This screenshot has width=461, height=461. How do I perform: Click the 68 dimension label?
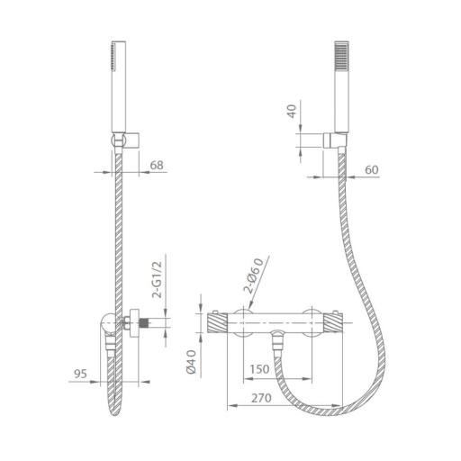[x=157, y=166]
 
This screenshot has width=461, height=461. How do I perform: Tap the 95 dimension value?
[x=80, y=374]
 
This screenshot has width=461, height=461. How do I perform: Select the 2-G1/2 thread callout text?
[x=157, y=279]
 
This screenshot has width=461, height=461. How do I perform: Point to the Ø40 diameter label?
[x=191, y=362]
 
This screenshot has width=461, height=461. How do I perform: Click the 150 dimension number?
[x=260, y=369]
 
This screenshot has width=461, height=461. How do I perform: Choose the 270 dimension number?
[x=261, y=398]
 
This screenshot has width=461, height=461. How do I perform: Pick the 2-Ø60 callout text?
[x=254, y=276]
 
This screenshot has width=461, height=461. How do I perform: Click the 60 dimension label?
[x=372, y=170]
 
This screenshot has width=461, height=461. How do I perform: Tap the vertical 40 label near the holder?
[x=293, y=111]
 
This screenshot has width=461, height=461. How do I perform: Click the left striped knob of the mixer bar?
[x=217, y=323]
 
